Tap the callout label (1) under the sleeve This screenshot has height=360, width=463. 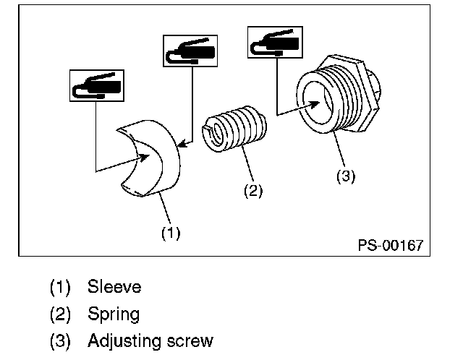pos(170,233)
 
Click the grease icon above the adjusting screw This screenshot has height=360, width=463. pos(274,42)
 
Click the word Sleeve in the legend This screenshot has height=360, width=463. pos(114,287)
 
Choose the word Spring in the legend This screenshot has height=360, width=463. pos(114,314)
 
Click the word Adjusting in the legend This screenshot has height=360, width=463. pos(126,340)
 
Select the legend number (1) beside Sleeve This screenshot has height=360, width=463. pos(60,287)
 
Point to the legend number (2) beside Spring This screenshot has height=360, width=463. pos(60,314)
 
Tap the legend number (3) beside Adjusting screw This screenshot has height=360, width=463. pos(60,340)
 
